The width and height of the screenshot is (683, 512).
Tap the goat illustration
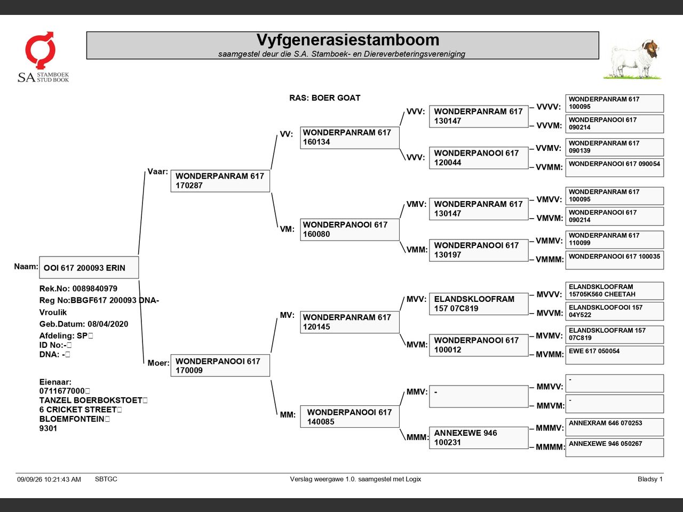click(x=633, y=59)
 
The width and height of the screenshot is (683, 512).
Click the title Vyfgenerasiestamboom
click(x=348, y=40)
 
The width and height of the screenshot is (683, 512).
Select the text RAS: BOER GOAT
click(x=324, y=98)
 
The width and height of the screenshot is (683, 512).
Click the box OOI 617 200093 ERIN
click(x=89, y=267)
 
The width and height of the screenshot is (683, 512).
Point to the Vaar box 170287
click(x=220, y=181)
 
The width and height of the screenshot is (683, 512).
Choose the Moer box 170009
click(x=220, y=365)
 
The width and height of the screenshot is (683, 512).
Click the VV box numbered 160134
click(x=350, y=138)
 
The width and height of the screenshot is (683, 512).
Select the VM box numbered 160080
click(x=350, y=230)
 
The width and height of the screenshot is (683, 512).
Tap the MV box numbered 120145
click(x=350, y=322)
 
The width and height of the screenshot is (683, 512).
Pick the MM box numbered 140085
click(x=350, y=417)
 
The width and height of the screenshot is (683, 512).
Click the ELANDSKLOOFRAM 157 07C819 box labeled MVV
click(x=479, y=303)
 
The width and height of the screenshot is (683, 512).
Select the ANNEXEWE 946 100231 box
click(x=479, y=438)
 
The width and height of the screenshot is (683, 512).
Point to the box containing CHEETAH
click(x=615, y=291)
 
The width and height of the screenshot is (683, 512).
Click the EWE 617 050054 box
click(x=615, y=355)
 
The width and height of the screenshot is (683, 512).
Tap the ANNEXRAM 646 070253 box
click(x=615, y=427)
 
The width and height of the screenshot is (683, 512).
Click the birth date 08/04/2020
click(x=108, y=324)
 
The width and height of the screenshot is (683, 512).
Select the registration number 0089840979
click(x=95, y=289)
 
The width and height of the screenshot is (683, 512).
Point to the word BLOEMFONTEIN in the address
click(x=72, y=419)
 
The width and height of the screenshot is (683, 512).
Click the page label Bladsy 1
click(x=650, y=479)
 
